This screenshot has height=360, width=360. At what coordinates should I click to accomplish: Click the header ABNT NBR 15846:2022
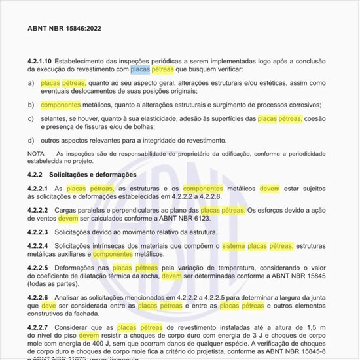click(x=64, y=29)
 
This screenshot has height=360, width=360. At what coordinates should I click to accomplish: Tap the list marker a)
click(x=31, y=84)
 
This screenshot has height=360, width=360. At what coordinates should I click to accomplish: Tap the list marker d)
click(x=31, y=140)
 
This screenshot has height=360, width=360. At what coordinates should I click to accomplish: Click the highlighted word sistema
click(x=236, y=245)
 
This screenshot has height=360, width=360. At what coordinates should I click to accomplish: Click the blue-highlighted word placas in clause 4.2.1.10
click(x=141, y=69)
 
